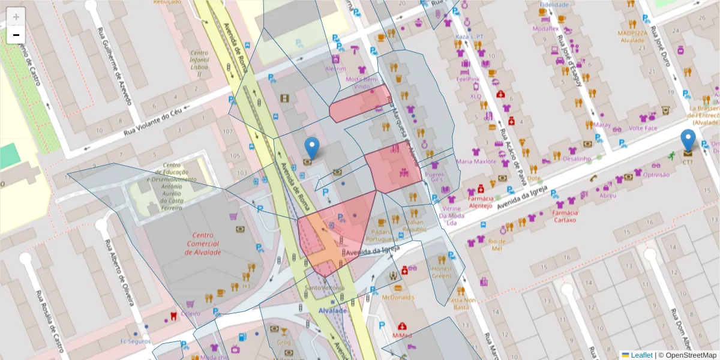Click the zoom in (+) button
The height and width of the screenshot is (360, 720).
tap(16, 16)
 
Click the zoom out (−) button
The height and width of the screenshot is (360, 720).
tap(16, 35)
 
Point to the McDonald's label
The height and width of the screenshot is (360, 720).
tap(397, 297)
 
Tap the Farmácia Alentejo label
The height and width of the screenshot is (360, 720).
tap(480, 202)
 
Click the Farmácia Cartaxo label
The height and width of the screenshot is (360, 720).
tap(565, 216)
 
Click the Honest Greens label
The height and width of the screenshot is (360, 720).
tap(442, 272)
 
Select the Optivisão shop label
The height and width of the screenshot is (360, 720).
tap(656, 175)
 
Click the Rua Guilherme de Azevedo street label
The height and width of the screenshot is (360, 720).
tap(116, 65)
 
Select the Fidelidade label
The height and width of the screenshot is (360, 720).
tap(554, 5)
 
